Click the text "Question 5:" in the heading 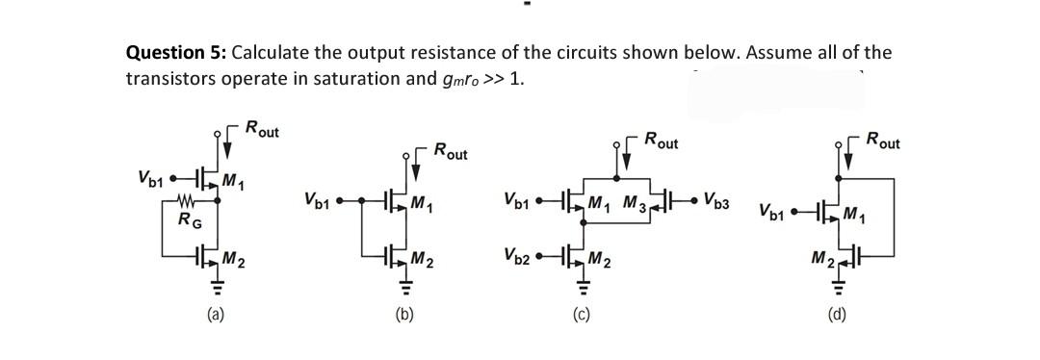pyautogui.click(x=176, y=52)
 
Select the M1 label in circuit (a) pyautogui.click(x=233, y=182)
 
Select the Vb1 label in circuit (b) pyautogui.click(x=317, y=202)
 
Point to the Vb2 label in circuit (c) pyautogui.click(x=517, y=256)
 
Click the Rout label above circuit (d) pyautogui.click(x=883, y=142)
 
